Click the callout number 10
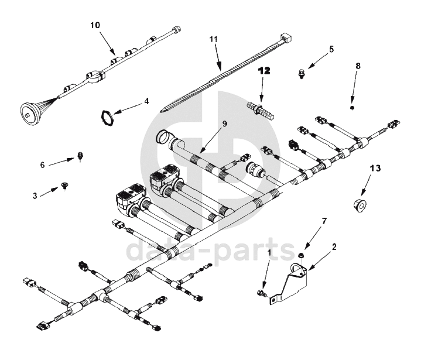pos(95,25)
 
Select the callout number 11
pos(214,40)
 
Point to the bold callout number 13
pos(375,169)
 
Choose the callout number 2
pos(334,246)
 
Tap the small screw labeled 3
pos(64,187)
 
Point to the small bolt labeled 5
pos(300,73)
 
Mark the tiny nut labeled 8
pos(351,108)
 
